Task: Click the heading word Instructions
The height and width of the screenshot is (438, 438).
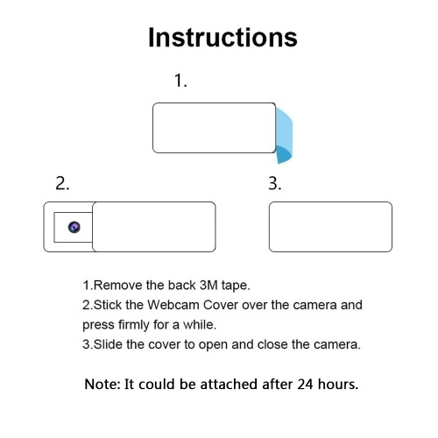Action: tap(223, 38)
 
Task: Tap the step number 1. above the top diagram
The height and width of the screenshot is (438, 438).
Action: tap(180, 81)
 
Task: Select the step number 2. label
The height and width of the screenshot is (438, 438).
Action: tap(62, 184)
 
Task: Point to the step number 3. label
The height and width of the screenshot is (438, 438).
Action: tap(275, 184)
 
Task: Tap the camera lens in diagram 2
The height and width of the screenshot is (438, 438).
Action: tap(74, 227)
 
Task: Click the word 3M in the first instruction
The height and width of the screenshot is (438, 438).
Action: tap(208, 285)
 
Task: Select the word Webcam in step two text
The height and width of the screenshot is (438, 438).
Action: tap(173, 305)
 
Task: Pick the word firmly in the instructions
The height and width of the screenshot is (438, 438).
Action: tap(134, 325)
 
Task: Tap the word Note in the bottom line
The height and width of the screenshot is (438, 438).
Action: tap(102, 385)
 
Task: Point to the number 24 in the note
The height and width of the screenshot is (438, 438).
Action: tap(306, 385)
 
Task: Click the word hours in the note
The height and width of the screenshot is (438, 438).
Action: tap(338, 385)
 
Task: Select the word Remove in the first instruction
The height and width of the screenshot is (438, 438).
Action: tap(118, 285)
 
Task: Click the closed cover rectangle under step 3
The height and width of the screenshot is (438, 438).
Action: tap(330, 227)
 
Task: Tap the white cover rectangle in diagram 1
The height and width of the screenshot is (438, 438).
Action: tap(215, 128)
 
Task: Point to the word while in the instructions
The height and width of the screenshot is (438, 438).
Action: tap(200, 325)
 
